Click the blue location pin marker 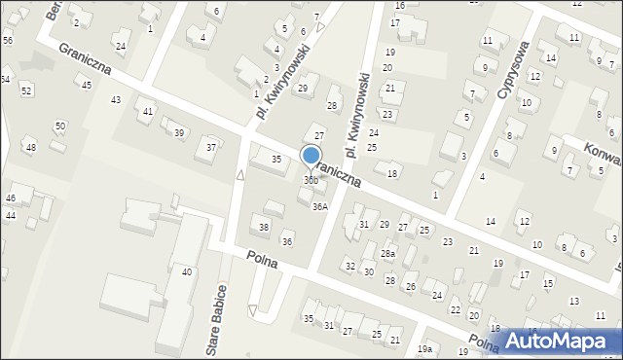point(311,156)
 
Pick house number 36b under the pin point(311,180)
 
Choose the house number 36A point(319,206)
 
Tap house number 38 point(264,228)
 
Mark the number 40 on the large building point(187,271)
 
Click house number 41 point(148,112)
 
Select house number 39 point(178,132)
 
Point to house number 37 point(211,147)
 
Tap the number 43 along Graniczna point(116,100)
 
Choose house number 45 point(87,86)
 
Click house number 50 point(60,126)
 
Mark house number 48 point(30,147)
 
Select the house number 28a point(388,253)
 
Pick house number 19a point(424,348)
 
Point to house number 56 point(8,40)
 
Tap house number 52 point(26,90)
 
